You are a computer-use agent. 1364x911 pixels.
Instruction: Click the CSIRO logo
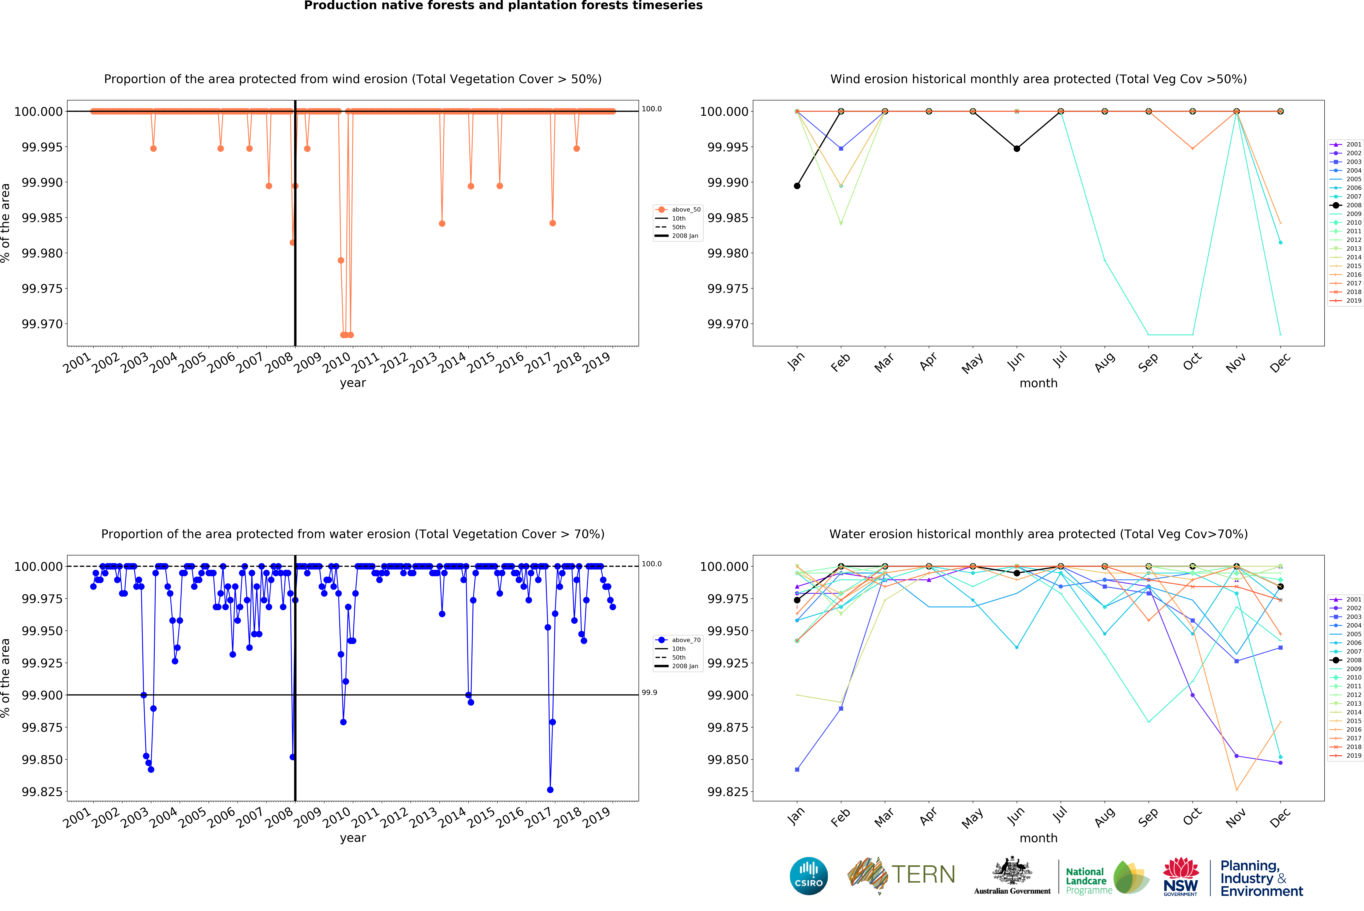(x=808, y=876)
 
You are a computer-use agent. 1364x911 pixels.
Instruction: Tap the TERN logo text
(x=923, y=874)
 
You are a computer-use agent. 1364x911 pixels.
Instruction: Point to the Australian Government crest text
(x=1012, y=891)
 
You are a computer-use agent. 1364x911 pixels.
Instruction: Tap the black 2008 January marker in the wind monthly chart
(x=797, y=186)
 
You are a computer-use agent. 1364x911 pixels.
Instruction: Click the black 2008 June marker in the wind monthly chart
(x=1016, y=149)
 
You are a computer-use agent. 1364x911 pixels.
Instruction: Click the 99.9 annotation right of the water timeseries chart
(x=649, y=692)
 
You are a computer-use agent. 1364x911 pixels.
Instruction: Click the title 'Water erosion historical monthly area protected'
(x=1038, y=534)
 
